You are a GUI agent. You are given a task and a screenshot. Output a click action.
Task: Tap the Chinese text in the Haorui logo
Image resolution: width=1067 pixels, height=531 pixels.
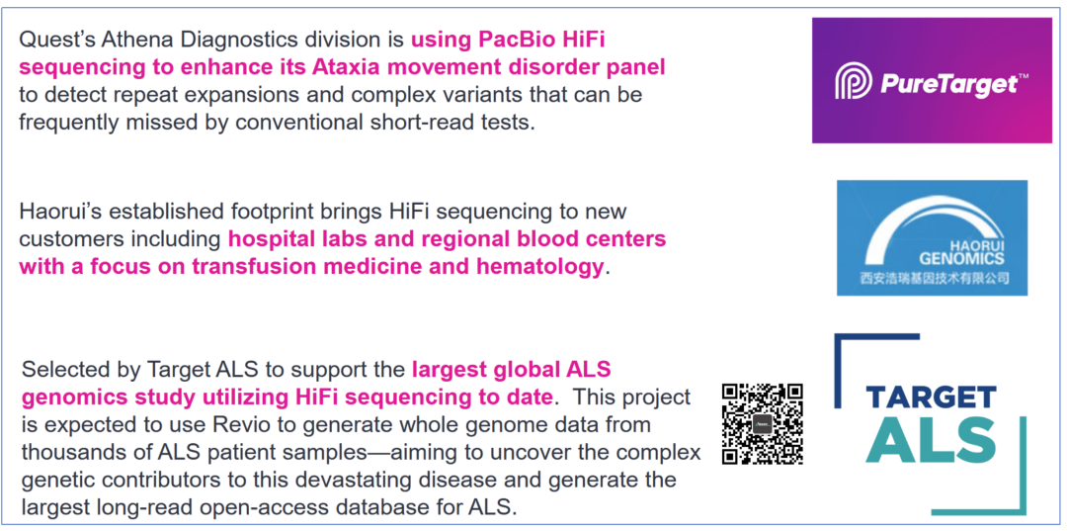coord(933,279)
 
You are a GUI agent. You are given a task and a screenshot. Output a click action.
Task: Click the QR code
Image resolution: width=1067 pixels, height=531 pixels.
coord(762,423)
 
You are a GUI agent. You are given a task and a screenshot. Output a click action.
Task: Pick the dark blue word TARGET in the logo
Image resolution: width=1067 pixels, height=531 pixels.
coord(931,397)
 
